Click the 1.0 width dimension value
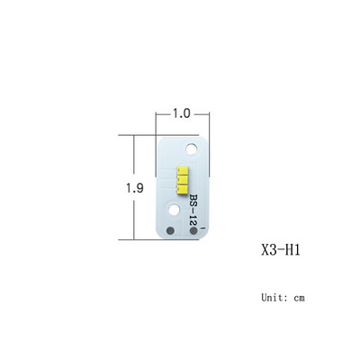(181, 113)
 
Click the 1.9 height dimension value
(134, 188)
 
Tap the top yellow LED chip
(182, 171)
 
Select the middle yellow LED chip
(182, 180)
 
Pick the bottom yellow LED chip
(182, 189)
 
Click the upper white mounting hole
(191, 148)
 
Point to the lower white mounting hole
(174, 210)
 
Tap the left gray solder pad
(170, 230)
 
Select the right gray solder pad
(193, 230)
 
